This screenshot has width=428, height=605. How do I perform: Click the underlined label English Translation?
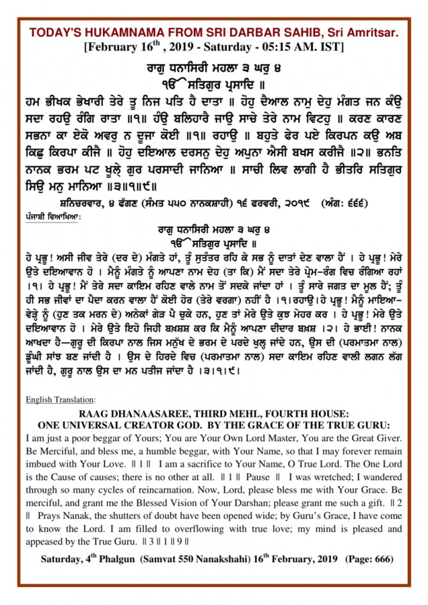click(x=60, y=400)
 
